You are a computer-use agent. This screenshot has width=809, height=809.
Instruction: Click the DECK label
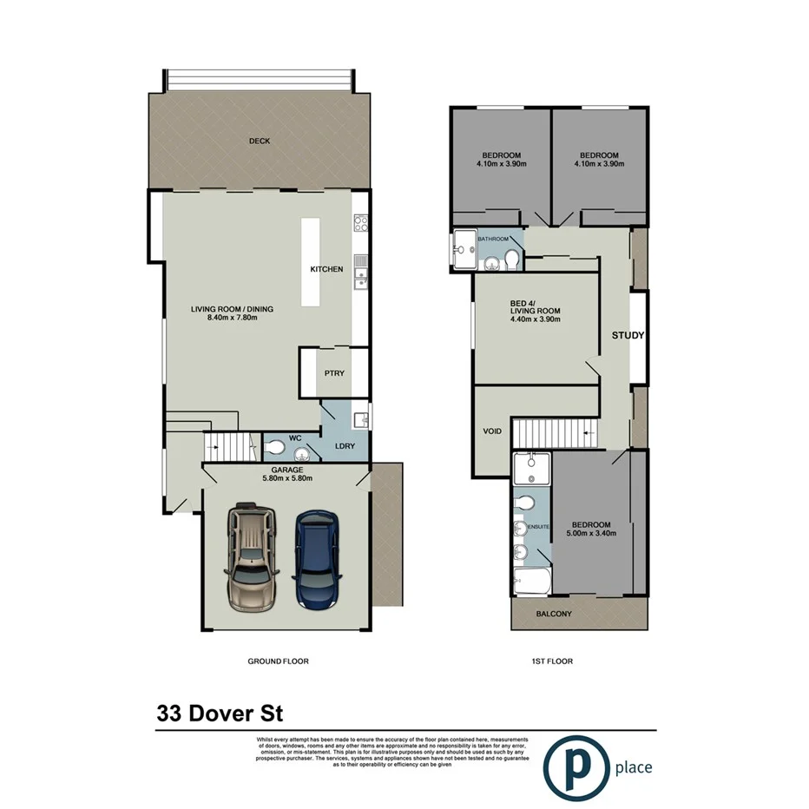pos(260,141)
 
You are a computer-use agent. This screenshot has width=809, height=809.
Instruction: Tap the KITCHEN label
pos(326,269)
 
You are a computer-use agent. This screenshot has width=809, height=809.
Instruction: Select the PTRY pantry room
pos(334,373)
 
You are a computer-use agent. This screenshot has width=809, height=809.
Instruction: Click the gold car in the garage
pos(251,556)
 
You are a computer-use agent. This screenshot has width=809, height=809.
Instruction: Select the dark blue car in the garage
pos(315,557)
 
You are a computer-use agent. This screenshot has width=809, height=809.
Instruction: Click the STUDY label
pos(628,336)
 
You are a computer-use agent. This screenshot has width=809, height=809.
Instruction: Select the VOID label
pos(492,431)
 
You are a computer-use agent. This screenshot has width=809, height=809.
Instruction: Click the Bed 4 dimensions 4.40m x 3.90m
pos(535,319)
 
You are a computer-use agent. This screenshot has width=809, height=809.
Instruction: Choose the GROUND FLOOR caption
pos(279,661)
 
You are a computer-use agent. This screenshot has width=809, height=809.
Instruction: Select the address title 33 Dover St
pos(220,714)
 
